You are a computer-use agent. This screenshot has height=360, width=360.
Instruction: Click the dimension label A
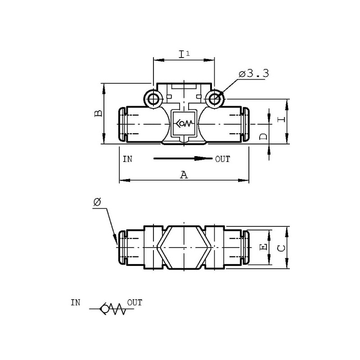coord(184,175)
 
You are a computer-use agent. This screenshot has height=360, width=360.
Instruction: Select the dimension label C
coord(280,248)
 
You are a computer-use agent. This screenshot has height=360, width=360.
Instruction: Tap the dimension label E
coord(263,247)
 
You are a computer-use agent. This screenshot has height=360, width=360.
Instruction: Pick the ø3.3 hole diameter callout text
coord(254,73)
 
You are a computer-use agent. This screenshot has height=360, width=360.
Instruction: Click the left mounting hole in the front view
coord(153,99)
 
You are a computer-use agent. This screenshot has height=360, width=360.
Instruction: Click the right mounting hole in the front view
coord(215,99)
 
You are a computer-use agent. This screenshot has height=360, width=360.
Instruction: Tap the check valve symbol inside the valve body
coord(184,124)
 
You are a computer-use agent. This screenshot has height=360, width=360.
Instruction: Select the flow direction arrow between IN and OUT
coord(183,158)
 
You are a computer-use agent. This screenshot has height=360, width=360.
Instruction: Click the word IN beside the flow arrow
coord(127,159)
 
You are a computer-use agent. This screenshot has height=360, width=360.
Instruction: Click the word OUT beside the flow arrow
coord(222,159)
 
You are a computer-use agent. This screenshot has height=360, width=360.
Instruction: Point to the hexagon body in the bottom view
coord(184,247)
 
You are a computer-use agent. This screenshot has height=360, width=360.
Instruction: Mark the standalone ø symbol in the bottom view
coord(97,202)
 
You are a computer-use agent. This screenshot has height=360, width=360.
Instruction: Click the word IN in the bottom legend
coord(76,302)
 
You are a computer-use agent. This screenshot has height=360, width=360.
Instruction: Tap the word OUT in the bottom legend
coord(135,302)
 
